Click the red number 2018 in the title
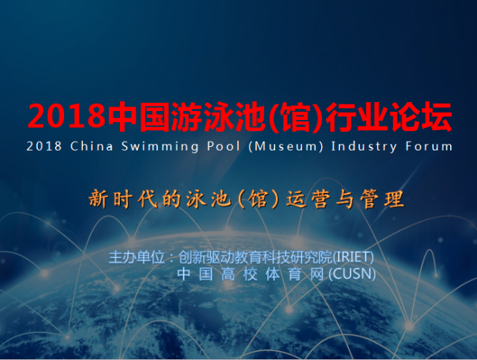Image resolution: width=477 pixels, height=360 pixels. click(66, 116)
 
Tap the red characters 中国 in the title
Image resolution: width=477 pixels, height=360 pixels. click(138, 116)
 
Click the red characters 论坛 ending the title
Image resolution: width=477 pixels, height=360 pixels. click(421, 116)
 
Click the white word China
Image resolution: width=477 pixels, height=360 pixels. click(92, 146)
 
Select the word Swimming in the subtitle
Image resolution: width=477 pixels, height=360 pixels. click(160, 147)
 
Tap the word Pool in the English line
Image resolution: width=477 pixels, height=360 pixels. click(224, 146)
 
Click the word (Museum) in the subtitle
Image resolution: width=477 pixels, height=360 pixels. click(285, 146)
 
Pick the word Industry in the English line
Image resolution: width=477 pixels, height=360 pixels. click(364, 147)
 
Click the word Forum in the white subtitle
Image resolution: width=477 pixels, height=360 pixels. click(429, 146)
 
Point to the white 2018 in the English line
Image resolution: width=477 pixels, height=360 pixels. click(44, 146)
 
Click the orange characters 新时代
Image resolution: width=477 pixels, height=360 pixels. click(123, 199)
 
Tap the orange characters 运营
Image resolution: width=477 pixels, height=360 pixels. click(308, 199)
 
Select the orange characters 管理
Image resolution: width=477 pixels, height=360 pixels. click(382, 199)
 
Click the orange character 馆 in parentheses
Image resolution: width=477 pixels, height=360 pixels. click(258, 199)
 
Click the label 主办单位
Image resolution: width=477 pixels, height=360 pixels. click(137, 257)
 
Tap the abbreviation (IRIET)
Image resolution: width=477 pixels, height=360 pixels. click(353, 257)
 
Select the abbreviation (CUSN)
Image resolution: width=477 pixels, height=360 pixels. click(353, 274)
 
